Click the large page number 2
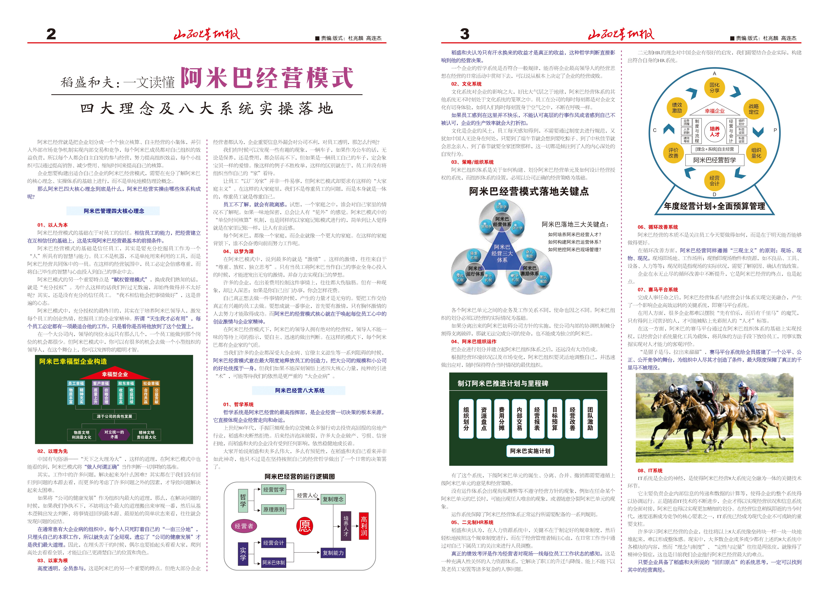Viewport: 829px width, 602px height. pos(51,34)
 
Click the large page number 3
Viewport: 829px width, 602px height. pos(465,34)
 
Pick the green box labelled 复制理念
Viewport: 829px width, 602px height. pos(333,499)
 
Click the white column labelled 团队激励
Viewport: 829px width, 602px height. pos(590,419)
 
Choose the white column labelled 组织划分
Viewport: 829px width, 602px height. pos(466,419)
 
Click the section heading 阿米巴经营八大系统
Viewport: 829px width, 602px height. pos(300,390)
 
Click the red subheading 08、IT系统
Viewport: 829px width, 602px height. pos(650,471)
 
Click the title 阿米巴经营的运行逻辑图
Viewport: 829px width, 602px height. pos(300,476)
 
